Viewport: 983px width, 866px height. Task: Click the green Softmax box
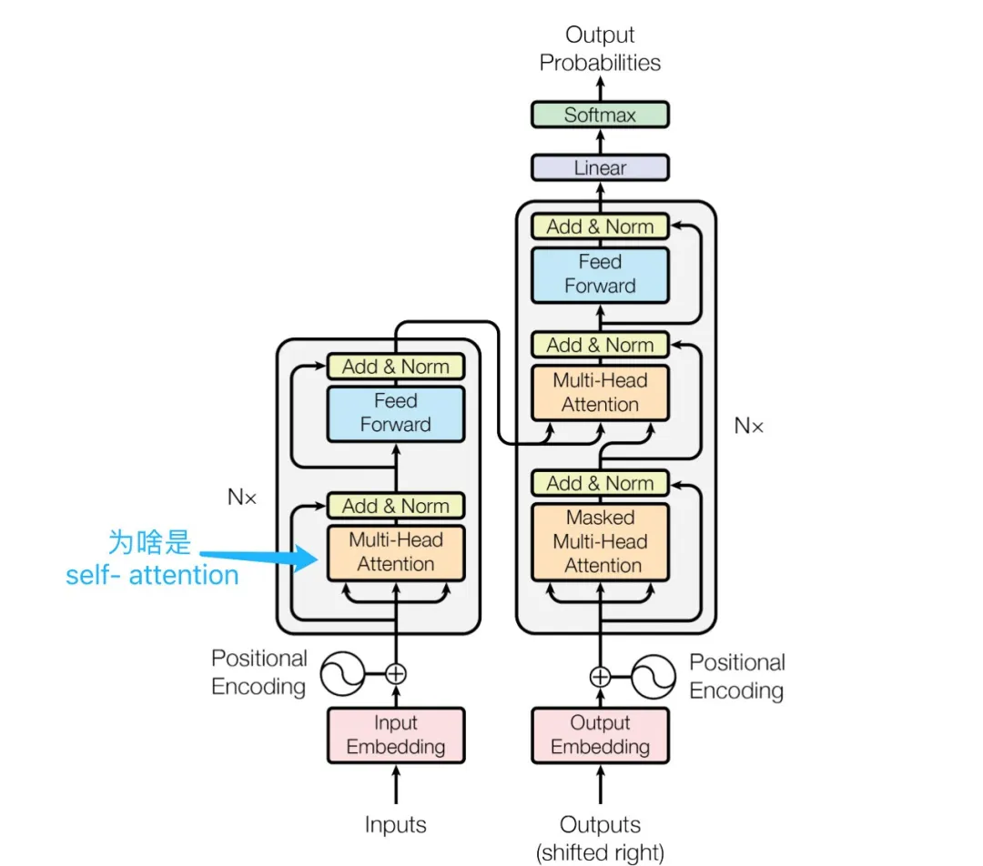600,115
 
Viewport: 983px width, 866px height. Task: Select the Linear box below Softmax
600,167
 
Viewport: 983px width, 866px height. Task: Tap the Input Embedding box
395,735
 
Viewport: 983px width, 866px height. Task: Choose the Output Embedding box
600,735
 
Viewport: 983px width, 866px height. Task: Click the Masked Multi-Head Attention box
600,541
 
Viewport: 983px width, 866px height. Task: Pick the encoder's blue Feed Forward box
395,413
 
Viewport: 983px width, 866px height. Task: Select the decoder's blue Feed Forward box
600,274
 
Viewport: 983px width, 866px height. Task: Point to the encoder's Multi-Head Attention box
395,552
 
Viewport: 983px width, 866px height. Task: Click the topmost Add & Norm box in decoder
600,227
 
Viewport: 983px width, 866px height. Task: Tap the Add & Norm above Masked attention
600,483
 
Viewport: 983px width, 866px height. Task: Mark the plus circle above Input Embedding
395,674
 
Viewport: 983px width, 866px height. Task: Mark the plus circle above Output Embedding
600,676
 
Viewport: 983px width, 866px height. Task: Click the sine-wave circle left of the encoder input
339,674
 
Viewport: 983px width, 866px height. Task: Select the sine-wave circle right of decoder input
655,676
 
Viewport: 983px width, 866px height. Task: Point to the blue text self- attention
152,575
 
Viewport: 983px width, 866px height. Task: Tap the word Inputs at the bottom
395,825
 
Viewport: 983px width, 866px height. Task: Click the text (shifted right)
600,852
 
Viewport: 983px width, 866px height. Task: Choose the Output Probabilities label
600,49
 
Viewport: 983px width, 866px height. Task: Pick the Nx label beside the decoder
749,426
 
